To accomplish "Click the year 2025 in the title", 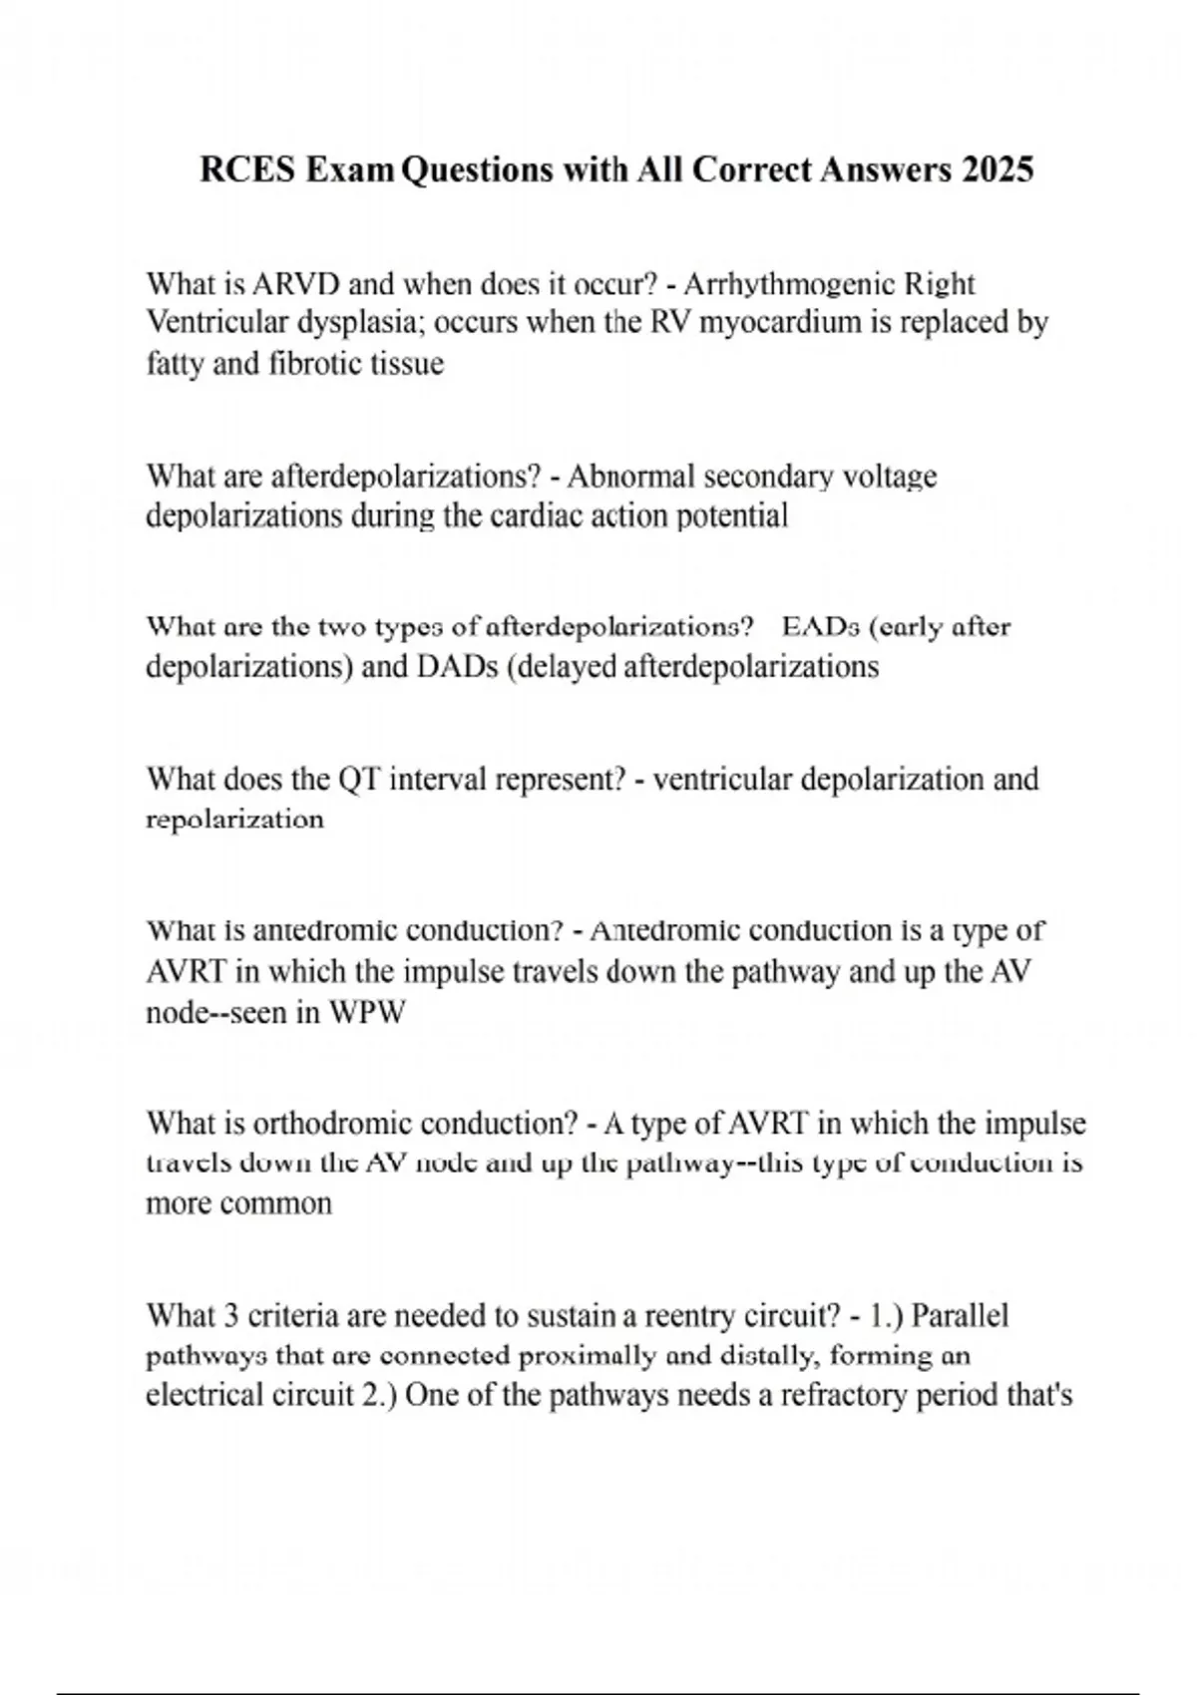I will pyautogui.click(x=997, y=169).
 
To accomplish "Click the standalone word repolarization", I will pyautogui.click(x=235, y=820).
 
